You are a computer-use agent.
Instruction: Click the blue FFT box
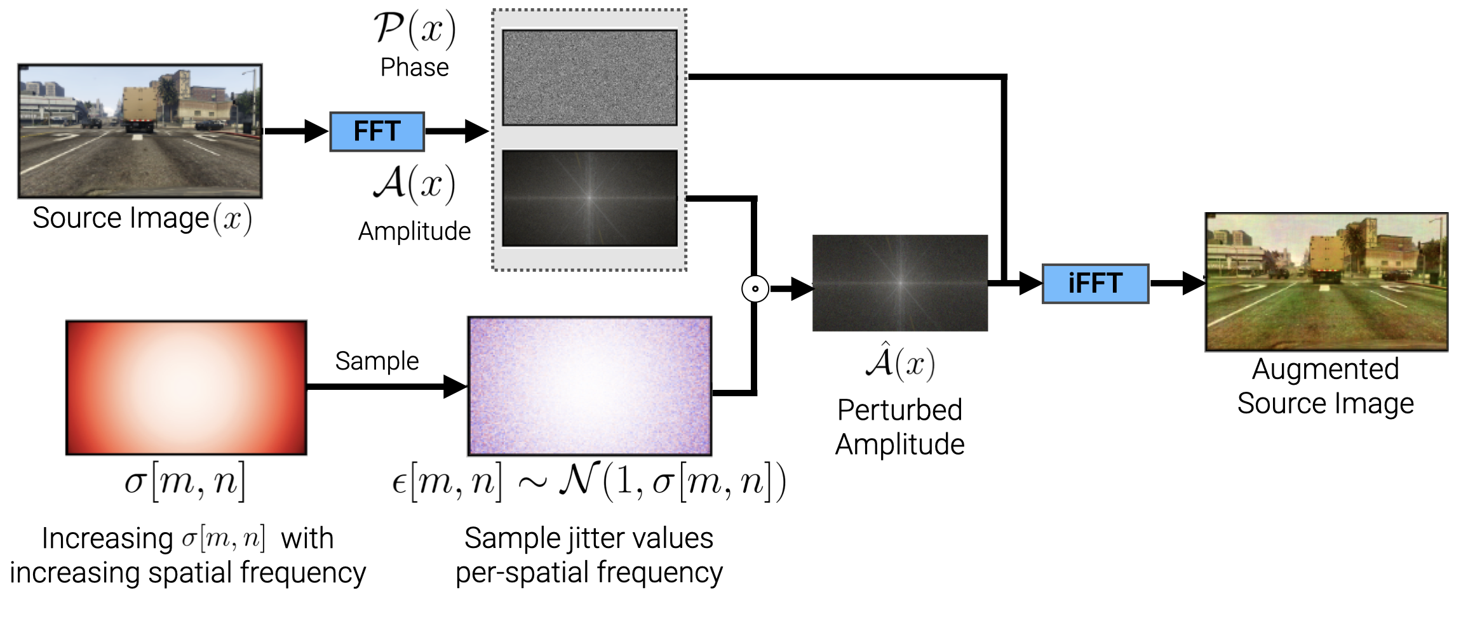point(377,131)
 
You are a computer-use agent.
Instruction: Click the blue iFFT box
point(1095,283)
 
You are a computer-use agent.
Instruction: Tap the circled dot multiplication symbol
point(755,288)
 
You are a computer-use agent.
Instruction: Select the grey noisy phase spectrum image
point(589,77)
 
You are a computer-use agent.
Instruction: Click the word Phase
point(414,67)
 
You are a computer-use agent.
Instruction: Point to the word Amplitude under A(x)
point(414,231)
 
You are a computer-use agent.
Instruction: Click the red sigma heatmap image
point(186,387)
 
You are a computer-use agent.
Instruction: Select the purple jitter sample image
point(589,386)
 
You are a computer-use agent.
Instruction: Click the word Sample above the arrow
point(377,361)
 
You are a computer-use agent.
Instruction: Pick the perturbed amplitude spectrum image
point(900,283)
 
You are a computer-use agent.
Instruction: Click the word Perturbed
point(899,410)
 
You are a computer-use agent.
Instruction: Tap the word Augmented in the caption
point(1325,369)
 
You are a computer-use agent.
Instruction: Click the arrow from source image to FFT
point(295,131)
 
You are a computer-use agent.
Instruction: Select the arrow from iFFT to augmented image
point(1177,283)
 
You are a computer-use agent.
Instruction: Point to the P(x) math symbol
point(414,29)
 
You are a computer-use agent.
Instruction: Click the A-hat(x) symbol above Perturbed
point(899,363)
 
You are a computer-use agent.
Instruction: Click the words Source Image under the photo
point(121,218)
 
